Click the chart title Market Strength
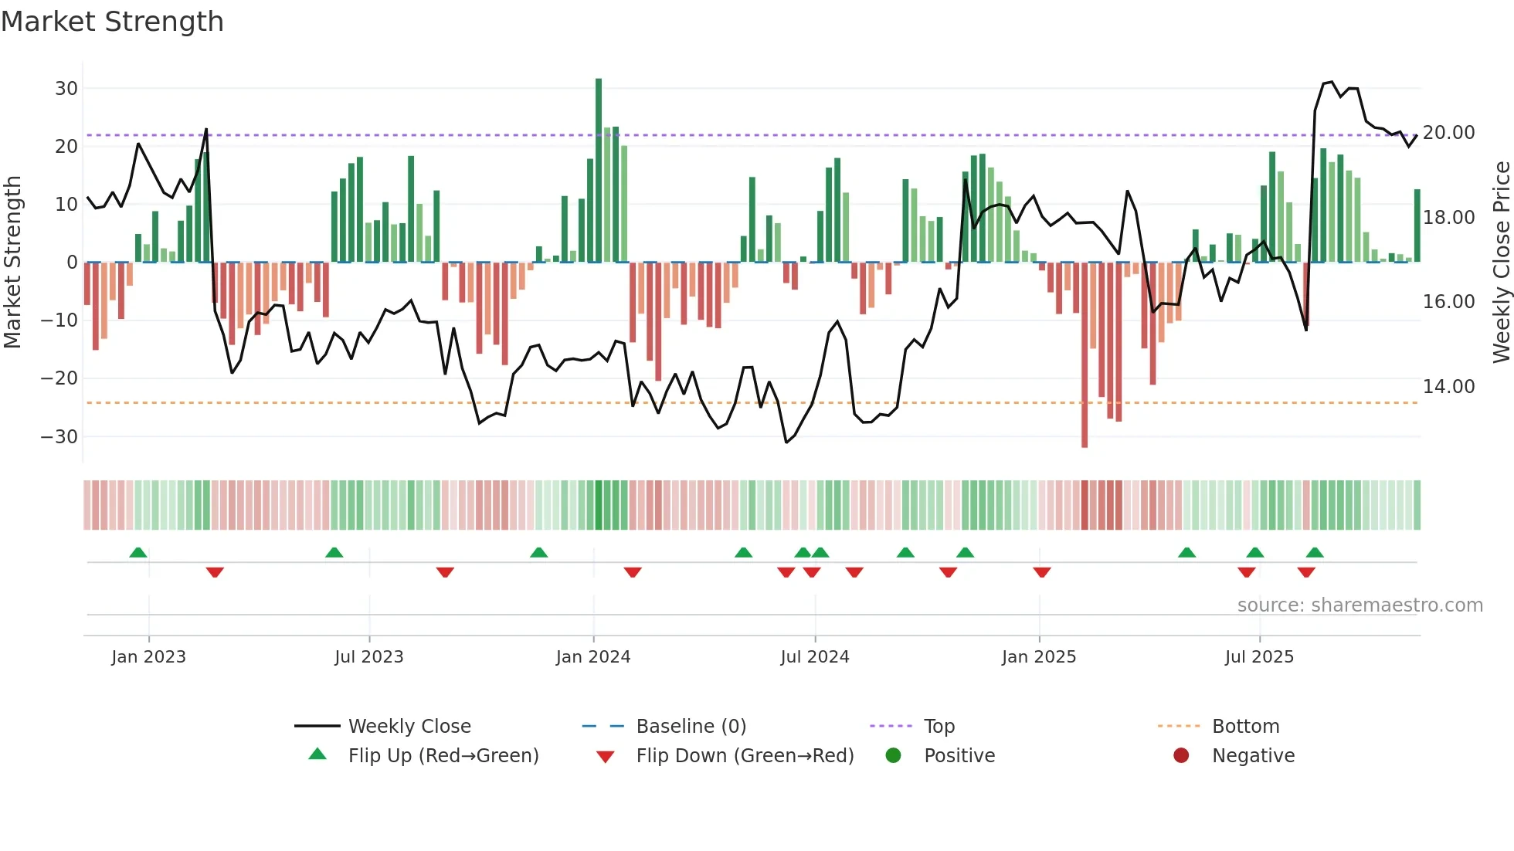click(112, 22)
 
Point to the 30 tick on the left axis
click(66, 89)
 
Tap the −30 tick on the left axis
click(60, 437)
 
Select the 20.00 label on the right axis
click(1448, 133)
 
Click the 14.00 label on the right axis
click(1448, 387)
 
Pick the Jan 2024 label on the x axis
click(592, 657)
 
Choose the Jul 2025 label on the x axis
click(1258, 657)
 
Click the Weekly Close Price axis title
click(1501, 263)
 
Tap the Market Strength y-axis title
click(12, 263)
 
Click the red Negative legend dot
click(1180, 756)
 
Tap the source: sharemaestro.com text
click(1360, 605)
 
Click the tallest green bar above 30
click(599, 170)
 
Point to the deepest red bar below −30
click(1085, 355)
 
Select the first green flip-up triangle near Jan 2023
click(138, 553)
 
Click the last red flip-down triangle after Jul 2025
click(1306, 572)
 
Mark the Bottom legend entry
click(1244, 727)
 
